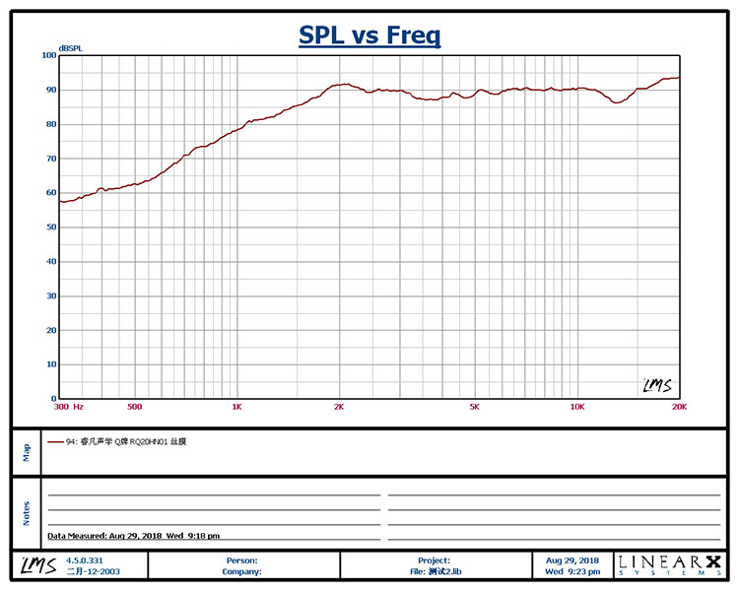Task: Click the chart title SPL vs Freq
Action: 369,36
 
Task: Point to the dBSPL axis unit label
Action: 70,48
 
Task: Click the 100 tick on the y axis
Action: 48,55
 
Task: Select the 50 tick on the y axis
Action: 50,228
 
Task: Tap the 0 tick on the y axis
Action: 53,399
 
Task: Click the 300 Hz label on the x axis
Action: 69,406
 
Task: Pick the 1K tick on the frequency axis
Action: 236,406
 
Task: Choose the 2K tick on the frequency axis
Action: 339,406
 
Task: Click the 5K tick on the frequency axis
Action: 474,406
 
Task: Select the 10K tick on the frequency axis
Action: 577,406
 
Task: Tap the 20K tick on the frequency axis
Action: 678,406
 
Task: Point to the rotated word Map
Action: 27,451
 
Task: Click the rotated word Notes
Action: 27,512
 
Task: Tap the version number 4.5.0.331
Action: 84,560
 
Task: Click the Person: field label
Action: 242,560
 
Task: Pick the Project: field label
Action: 434,560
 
